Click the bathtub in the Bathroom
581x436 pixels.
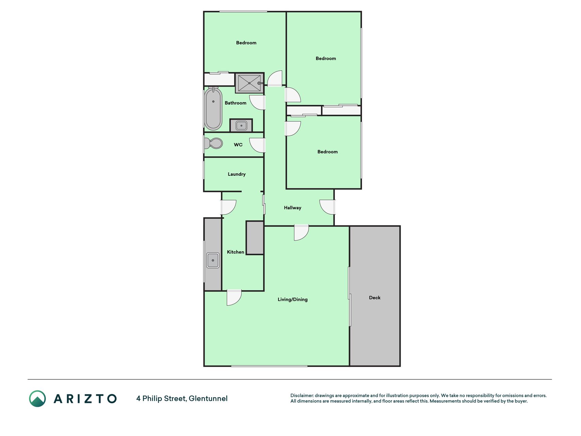coord(213,109)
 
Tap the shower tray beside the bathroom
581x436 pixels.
coord(249,83)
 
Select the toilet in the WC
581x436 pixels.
coord(213,143)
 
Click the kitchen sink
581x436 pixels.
coord(213,261)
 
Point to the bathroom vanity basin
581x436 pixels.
coord(241,125)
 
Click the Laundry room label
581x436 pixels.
coord(237,174)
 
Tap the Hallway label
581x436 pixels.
coord(293,208)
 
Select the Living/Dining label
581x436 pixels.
coord(293,299)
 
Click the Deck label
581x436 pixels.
coord(375,298)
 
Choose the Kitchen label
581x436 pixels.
coord(236,252)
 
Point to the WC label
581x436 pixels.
coord(238,145)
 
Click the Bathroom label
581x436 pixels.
coord(236,103)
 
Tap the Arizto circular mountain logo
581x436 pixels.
coord(37,399)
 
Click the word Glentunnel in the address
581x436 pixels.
coord(208,399)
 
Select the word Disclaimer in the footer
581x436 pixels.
coord(302,396)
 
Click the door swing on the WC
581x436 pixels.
coord(257,145)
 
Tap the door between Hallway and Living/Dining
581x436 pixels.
coord(302,233)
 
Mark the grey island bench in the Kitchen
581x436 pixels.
coord(255,238)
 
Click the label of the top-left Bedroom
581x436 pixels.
coord(246,43)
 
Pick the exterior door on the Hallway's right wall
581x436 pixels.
coord(327,207)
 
